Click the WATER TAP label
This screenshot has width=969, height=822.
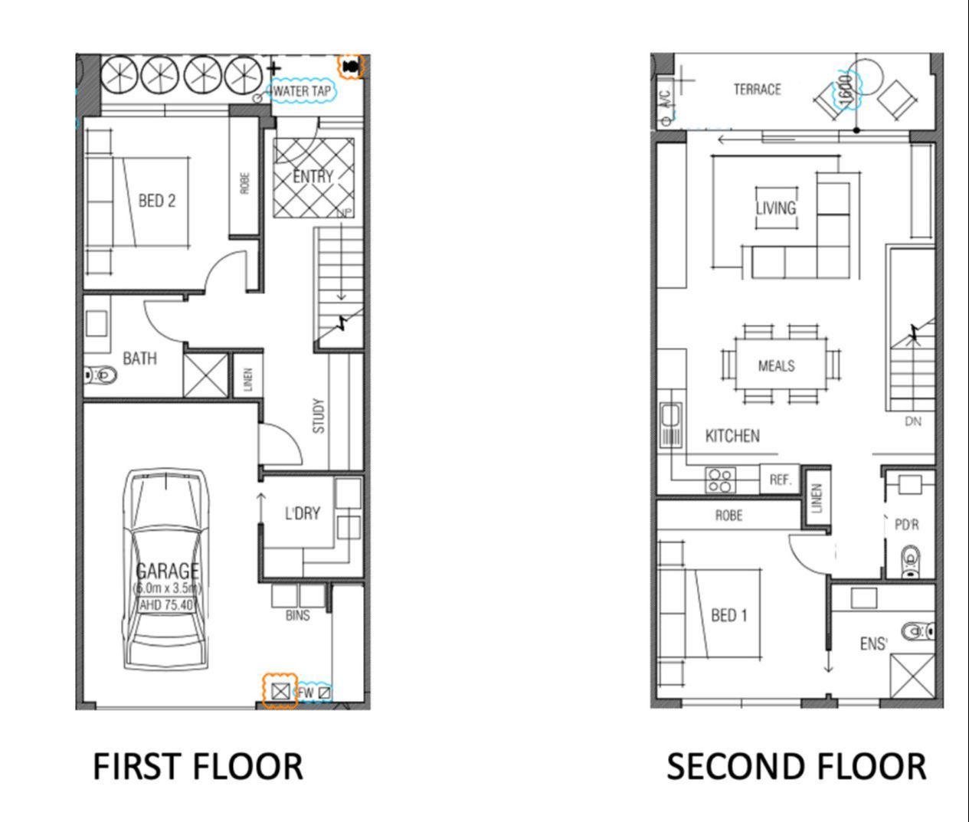(302, 91)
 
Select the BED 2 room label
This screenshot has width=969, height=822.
(156, 201)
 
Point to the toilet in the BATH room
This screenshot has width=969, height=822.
(101, 375)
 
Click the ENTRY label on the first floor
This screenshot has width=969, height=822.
(313, 176)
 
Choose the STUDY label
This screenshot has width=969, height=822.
(319, 415)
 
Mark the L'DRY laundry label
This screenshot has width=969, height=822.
(302, 513)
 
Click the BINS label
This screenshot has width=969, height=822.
(297, 615)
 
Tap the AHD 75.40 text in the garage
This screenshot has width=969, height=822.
(167, 604)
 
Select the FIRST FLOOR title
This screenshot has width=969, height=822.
(198, 767)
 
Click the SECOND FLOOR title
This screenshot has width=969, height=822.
(796, 767)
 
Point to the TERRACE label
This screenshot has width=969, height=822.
(757, 90)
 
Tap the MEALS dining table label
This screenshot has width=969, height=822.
(776, 366)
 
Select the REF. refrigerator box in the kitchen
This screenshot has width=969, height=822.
(780, 480)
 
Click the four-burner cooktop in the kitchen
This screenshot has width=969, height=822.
(720, 480)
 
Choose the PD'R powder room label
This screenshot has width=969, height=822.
(906, 526)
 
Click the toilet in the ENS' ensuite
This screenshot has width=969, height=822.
(916, 631)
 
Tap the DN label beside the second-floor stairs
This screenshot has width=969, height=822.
(912, 421)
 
